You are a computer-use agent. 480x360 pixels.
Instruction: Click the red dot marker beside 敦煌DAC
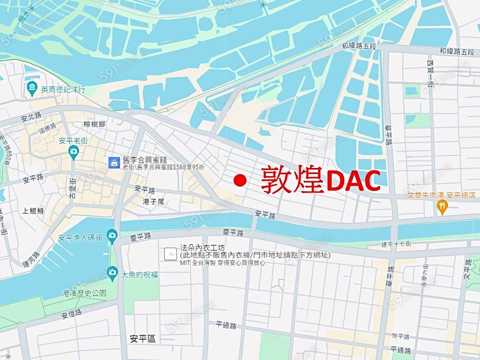click(241, 180)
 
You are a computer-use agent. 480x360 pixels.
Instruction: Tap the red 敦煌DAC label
click(321, 180)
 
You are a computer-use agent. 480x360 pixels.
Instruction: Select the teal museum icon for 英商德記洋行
click(31, 88)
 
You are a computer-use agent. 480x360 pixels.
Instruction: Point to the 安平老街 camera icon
click(74, 153)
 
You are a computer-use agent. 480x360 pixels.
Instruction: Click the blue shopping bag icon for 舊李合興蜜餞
click(114, 162)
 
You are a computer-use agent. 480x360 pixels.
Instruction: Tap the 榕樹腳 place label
click(94, 124)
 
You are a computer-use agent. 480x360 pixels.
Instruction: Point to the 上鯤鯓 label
click(33, 211)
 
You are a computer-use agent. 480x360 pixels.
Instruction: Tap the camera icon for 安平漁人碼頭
click(111, 235)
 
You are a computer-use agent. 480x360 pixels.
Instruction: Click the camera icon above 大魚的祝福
click(111, 272)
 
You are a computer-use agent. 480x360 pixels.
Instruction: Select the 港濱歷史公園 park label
click(84, 293)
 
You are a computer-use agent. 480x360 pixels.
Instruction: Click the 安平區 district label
click(142, 339)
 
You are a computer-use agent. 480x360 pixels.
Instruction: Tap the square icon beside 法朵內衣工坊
click(171, 253)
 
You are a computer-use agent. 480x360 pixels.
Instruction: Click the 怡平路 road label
click(401, 337)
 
